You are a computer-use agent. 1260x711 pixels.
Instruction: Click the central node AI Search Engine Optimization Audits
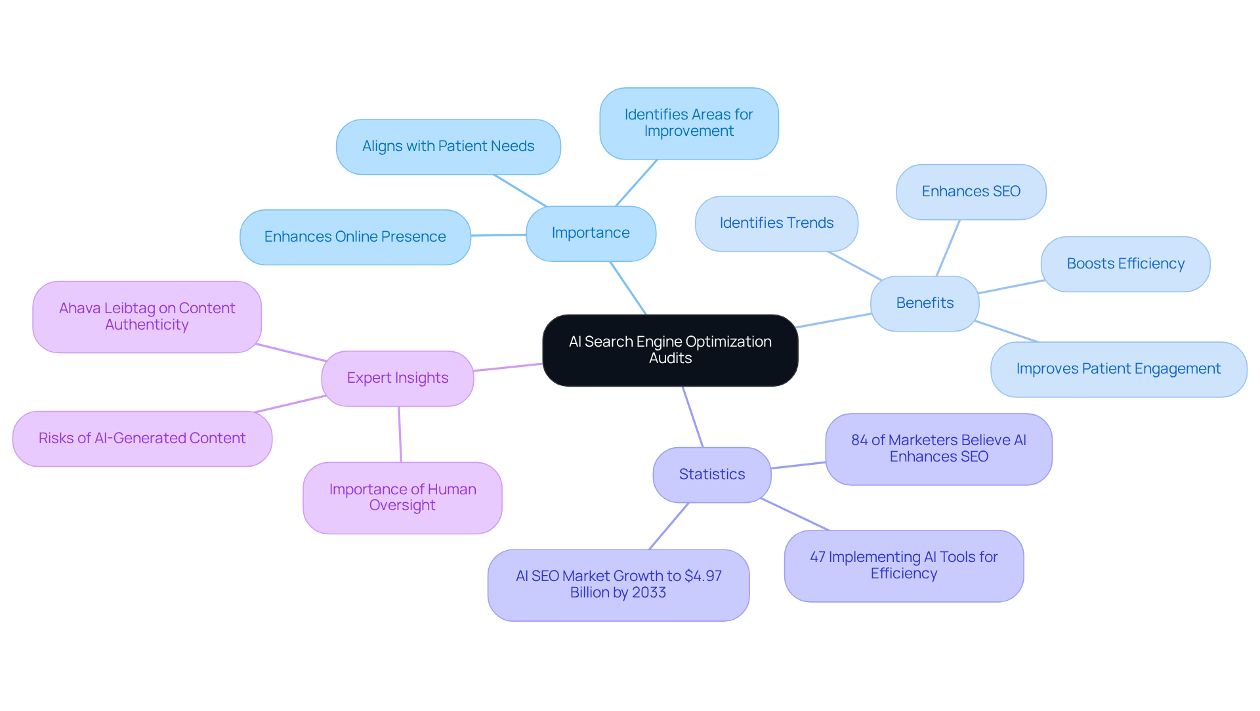point(670,350)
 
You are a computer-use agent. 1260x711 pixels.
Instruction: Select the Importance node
point(591,233)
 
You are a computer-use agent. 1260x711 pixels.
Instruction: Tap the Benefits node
point(925,303)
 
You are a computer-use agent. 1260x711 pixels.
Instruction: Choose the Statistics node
point(712,475)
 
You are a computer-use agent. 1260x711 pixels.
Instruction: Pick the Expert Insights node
point(398,378)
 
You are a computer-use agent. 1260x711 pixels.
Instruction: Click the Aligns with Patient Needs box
point(448,146)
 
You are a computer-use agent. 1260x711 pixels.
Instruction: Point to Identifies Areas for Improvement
point(689,123)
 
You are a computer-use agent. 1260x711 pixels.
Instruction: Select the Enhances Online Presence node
point(355,237)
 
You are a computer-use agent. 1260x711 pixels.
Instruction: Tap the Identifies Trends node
point(776,223)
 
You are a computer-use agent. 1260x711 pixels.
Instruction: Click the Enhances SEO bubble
point(971,192)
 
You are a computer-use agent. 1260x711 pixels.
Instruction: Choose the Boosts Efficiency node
point(1125,264)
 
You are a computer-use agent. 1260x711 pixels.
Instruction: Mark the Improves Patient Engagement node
point(1118,369)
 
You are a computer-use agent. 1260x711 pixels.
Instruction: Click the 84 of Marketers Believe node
point(938,449)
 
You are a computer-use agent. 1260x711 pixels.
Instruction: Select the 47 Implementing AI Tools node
point(904,566)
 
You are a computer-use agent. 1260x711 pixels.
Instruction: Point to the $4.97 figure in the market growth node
point(702,576)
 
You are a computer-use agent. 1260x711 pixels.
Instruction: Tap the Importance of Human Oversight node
point(402,498)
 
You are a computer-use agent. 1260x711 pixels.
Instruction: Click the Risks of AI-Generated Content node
point(142,439)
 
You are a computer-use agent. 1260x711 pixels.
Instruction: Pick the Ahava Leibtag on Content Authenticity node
point(147,316)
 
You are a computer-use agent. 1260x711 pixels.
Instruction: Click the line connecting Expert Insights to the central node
point(508,367)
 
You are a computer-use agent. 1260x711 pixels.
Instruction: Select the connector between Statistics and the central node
point(692,417)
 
